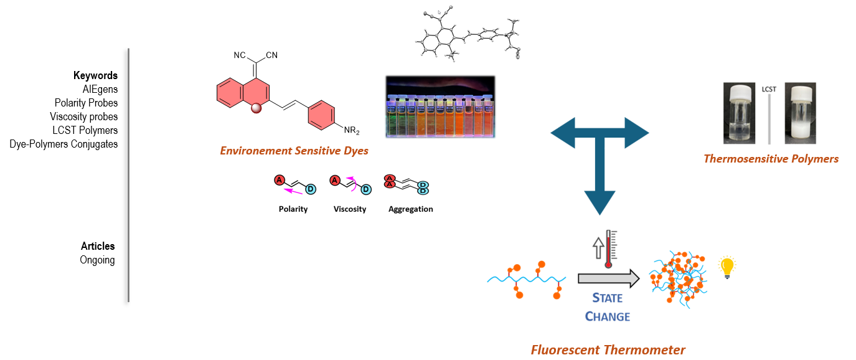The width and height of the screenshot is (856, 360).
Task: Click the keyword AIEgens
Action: coord(100,89)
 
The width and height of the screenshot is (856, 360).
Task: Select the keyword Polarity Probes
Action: coord(86,103)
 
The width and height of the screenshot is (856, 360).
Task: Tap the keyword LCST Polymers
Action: coord(85,130)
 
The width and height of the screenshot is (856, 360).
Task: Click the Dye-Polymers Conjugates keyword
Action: coord(63,144)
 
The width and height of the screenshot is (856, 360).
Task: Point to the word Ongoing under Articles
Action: coord(97,260)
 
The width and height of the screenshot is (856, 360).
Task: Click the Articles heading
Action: coord(98,246)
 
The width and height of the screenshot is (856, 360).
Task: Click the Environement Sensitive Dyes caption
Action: coord(294,150)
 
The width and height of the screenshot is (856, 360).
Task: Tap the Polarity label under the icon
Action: coord(293,209)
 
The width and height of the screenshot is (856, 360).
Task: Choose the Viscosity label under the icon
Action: coord(350,209)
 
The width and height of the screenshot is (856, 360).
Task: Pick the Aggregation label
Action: coord(410,209)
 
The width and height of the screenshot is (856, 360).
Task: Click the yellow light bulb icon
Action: coord(726,268)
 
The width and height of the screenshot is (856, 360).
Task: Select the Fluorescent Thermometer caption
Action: coord(608,350)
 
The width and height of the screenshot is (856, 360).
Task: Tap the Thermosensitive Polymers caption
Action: coord(771,159)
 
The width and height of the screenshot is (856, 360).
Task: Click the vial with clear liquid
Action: coord(740,113)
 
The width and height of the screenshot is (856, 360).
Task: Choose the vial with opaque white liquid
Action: coord(800,113)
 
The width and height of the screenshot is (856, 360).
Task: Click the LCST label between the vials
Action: coord(770,89)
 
